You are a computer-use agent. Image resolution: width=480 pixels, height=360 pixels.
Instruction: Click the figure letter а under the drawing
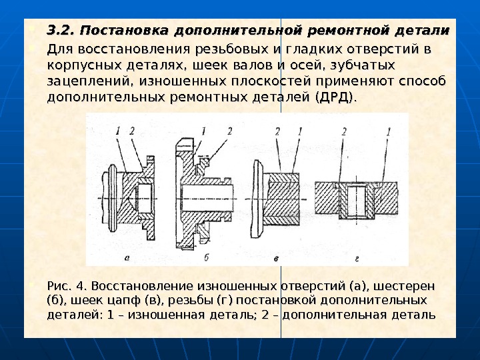(127, 257)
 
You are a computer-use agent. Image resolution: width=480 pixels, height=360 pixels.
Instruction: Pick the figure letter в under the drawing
(276, 257)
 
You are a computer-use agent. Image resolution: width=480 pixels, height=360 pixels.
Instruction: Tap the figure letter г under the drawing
(357, 257)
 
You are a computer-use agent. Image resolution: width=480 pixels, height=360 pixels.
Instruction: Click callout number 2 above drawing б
(229, 131)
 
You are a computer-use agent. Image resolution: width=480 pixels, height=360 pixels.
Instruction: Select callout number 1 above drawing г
(387, 131)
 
